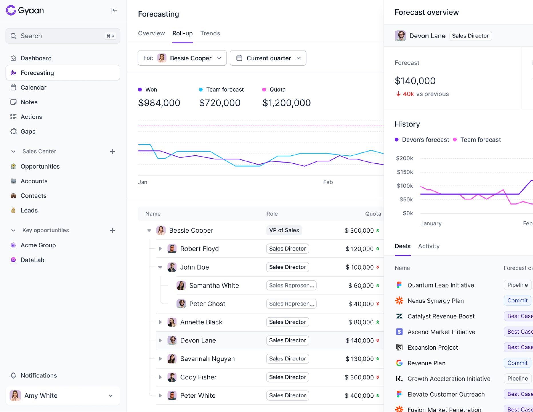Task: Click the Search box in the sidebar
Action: pos(63,36)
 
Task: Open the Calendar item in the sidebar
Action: pos(33,88)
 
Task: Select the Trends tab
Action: pos(210,33)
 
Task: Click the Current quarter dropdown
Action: pos(268,58)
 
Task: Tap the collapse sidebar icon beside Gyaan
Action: pos(114,10)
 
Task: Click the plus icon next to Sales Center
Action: pos(112,152)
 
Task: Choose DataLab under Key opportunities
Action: pos(32,260)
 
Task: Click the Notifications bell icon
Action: pos(13,375)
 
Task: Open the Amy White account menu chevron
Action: pos(111,396)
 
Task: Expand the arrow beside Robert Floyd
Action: pos(160,249)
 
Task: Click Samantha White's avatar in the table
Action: pos(181,286)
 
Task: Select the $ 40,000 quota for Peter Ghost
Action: pos(361,304)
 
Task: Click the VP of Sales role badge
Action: pos(284,230)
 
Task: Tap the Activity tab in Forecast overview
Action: pos(429,246)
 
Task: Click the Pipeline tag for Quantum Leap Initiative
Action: pos(518,285)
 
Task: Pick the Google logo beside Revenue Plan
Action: pos(399,363)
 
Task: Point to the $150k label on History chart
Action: pos(405,172)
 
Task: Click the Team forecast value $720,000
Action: pos(220,103)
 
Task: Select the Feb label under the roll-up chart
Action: pos(328,182)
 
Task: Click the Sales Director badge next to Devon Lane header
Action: pos(470,36)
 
